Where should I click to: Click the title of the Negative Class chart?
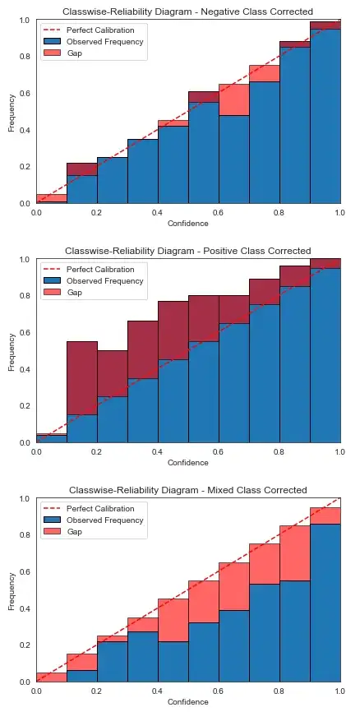click(x=187, y=12)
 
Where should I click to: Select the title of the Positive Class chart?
click(x=187, y=251)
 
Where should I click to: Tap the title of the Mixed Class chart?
click(x=187, y=490)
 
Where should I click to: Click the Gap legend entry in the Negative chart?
click(x=76, y=53)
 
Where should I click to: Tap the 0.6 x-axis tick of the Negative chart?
click(x=219, y=212)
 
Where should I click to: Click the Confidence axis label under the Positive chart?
click(x=187, y=463)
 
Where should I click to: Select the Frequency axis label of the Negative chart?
click(x=12, y=111)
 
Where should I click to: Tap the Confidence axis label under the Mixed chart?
click(x=187, y=702)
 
